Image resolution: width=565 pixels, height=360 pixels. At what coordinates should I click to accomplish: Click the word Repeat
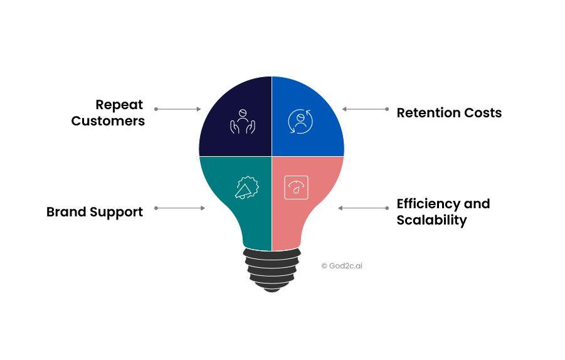119,105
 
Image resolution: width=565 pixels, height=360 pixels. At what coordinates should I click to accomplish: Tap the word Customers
108,121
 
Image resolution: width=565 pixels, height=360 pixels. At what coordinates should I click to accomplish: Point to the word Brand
66,211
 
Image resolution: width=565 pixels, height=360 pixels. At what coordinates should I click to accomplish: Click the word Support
117,212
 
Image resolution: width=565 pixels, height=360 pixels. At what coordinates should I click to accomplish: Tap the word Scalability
431,220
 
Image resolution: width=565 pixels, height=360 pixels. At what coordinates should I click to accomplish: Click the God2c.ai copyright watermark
342,266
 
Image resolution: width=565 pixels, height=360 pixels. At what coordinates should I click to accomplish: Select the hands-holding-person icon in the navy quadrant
243,122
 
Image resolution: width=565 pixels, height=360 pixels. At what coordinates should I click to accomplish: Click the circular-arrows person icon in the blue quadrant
300,122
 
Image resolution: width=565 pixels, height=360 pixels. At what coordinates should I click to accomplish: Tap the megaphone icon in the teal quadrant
247,188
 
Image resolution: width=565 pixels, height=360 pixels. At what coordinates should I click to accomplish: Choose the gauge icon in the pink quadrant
296,188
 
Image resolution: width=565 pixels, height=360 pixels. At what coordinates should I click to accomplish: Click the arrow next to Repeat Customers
177,109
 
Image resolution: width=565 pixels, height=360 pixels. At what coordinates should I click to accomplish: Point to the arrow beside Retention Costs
366,109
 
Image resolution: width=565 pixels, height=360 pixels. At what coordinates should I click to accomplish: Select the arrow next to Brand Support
179,208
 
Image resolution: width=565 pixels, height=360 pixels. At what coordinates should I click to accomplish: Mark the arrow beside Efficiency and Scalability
363,208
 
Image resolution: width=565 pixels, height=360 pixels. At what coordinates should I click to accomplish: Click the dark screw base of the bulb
272,270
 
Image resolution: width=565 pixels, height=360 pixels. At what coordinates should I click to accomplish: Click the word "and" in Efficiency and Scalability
477,204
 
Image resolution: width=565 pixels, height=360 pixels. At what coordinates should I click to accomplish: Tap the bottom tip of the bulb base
272,292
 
